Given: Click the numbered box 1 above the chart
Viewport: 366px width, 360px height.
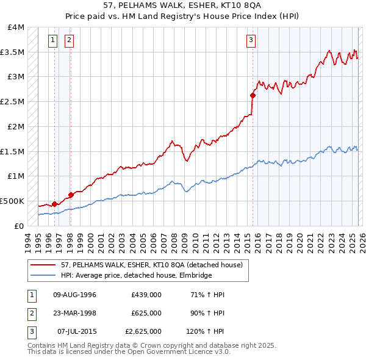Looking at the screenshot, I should (x=54, y=41).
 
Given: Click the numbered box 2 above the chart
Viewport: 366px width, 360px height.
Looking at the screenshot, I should (x=69, y=41).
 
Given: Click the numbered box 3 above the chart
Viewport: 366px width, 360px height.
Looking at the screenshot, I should (x=251, y=41).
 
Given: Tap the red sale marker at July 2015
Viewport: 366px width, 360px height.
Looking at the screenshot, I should (x=253, y=95).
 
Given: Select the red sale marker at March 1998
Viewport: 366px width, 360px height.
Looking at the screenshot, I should (x=71, y=195).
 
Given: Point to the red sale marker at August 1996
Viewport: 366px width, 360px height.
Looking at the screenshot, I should (x=55, y=204).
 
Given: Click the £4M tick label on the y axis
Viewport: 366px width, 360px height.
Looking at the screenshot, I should (x=16, y=27).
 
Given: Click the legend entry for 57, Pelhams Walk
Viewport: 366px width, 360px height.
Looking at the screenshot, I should (x=152, y=264).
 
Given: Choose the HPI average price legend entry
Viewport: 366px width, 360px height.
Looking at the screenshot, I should (x=136, y=275).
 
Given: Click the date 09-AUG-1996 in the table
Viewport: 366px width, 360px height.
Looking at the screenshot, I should (x=74, y=295).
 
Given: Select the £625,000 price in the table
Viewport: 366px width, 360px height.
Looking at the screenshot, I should (x=146, y=313).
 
